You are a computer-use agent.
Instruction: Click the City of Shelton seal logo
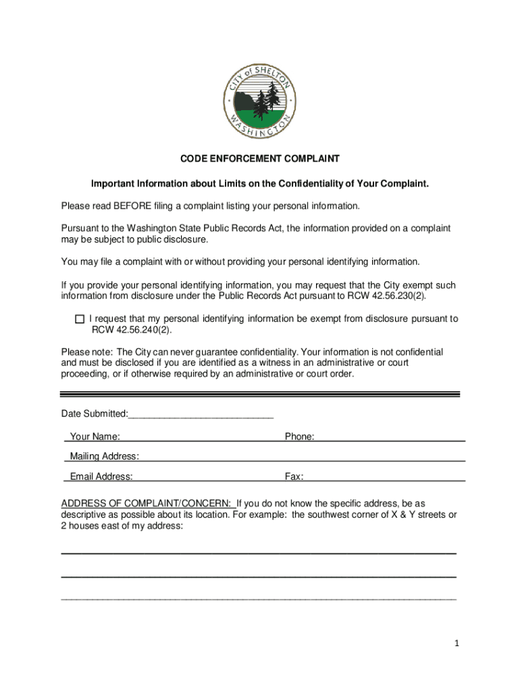pos(260,101)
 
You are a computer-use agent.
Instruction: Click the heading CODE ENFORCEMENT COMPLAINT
pos(259,159)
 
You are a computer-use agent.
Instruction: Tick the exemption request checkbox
pos(80,319)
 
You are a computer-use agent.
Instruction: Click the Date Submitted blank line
pos(201,414)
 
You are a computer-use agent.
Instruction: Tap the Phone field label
pos(299,437)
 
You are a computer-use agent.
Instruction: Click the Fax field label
pos(294,477)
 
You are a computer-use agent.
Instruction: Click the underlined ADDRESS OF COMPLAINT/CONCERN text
pos(147,503)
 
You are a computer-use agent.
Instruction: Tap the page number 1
pos(457,644)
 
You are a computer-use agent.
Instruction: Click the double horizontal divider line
pos(260,393)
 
